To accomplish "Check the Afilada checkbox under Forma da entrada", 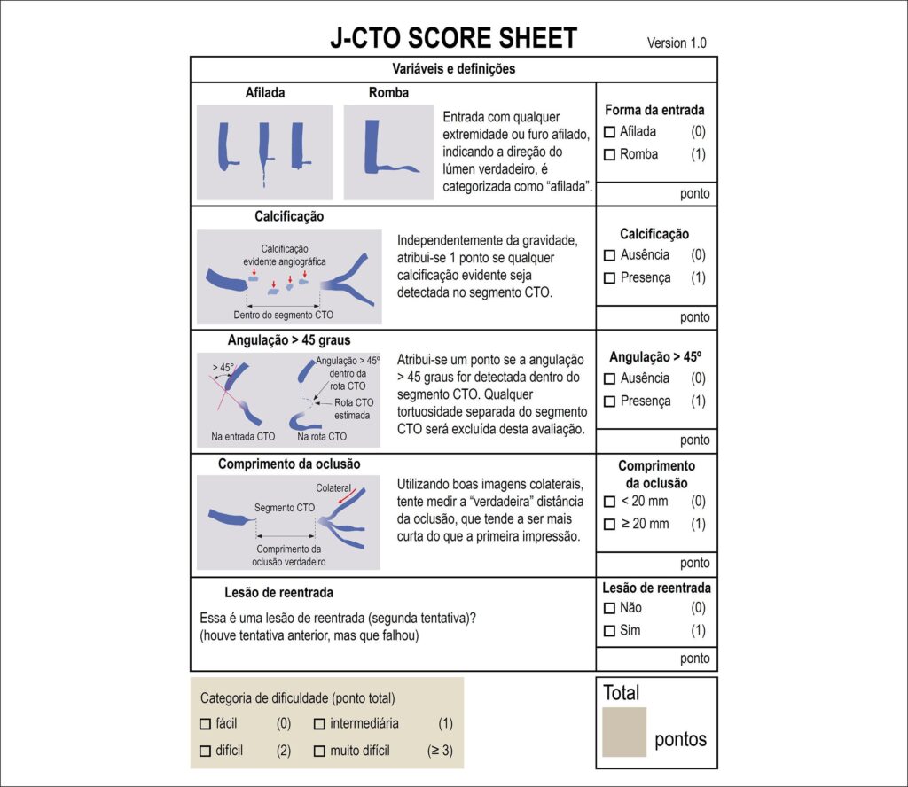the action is coord(609,132).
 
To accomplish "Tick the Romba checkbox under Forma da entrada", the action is coord(609,154).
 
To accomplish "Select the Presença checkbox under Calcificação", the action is coord(609,278).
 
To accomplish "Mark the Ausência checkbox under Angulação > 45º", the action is coord(609,379).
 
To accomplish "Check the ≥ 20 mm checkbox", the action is coord(609,525).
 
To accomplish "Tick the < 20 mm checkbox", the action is coord(609,502).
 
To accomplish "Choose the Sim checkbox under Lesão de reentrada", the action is coord(609,631).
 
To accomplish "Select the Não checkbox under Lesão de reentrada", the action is coord(609,608).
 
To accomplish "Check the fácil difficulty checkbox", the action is coord(205,724).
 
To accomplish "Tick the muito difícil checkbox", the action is coord(319,752).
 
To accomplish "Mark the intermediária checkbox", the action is coord(319,724).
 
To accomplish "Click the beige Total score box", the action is coord(624,732).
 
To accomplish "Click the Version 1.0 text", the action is coord(677,43).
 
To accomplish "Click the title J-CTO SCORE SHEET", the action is coord(453,38).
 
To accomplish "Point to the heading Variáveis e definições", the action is coord(453,69).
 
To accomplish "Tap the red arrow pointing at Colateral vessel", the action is coord(347,496).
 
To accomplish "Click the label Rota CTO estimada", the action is coord(353,409).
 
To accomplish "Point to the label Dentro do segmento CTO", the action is coord(283,315).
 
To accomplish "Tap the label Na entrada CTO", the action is coord(243,436).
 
